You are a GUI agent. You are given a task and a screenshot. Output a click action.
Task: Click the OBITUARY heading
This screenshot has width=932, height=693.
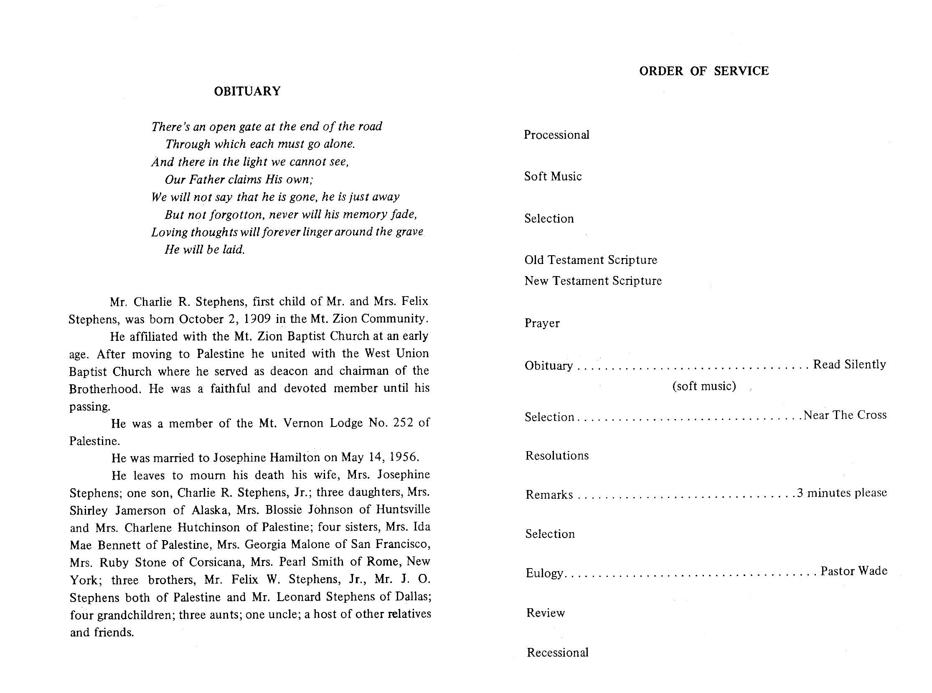tap(247, 91)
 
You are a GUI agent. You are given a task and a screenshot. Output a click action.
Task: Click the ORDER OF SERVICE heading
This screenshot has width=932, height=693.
tap(704, 71)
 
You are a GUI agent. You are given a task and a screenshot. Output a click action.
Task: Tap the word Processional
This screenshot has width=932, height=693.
tap(556, 135)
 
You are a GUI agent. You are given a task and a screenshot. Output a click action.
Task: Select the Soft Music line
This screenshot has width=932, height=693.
tap(553, 176)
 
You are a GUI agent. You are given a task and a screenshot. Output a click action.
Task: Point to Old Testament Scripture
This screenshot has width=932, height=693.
tap(591, 260)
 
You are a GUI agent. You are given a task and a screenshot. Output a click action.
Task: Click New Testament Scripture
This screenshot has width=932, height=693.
tap(593, 281)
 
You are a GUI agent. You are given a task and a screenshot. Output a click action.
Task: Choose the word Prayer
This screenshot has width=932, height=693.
tap(542, 323)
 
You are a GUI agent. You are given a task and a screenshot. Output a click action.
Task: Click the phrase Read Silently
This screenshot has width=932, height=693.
tap(849, 365)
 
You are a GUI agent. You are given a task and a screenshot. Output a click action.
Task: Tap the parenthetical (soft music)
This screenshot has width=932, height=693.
tap(704, 386)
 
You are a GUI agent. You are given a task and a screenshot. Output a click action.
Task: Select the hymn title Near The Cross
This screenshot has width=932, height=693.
tap(845, 415)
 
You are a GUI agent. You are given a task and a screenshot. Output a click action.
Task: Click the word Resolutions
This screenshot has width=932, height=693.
tap(557, 456)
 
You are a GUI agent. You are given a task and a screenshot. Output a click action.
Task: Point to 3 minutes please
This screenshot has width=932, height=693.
tap(842, 492)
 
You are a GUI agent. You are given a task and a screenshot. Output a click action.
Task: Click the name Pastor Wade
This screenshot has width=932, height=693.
tap(853, 571)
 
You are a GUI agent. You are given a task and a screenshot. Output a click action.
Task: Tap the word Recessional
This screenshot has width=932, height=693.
tap(557, 652)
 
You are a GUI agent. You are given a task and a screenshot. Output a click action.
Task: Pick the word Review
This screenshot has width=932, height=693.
tap(546, 613)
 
